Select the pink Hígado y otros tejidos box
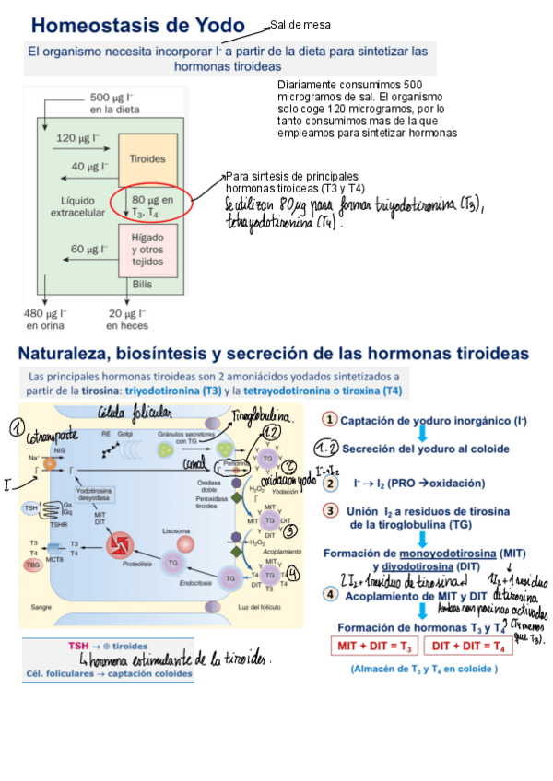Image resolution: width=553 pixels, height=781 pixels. (x=147, y=250)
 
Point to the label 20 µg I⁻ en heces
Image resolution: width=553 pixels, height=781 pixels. (x=127, y=319)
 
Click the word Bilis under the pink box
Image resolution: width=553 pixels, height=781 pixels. (x=142, y=285)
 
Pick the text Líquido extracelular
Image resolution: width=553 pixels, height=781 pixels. (x=76, y=205)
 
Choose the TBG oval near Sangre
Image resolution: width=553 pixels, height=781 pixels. (x=34, y=565)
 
